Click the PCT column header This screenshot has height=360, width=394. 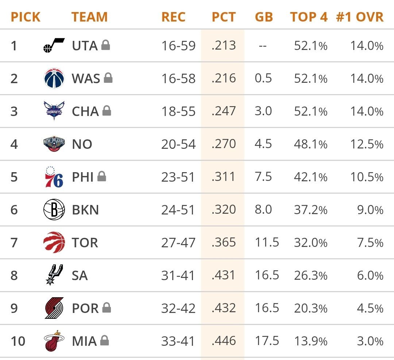coord(224,17)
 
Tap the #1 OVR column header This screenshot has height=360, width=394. coord(360,17)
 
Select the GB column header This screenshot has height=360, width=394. coord(264,17)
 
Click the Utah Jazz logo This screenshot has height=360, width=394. coord(54,46)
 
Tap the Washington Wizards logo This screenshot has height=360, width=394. coord(54,78)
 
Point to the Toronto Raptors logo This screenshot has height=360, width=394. coord(54,243)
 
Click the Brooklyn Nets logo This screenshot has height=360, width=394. coord(54,210)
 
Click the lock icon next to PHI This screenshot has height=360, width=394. coord(101,177)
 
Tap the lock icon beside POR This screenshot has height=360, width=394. coord(106,308)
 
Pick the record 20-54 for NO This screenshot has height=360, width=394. coord(178,144)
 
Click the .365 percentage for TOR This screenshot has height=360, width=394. coord(224,243)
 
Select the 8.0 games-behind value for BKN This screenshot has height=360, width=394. coord(263,210)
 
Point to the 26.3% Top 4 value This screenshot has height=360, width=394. coord(310,276)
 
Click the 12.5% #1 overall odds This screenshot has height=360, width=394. coord(367,144)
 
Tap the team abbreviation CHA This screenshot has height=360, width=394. coord(85,111)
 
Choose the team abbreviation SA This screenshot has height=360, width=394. coord(80,276)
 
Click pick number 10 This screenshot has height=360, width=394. coord(18,341)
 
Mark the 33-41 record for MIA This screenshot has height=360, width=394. coord(178,341)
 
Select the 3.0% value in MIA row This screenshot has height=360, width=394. coord(370,341)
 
